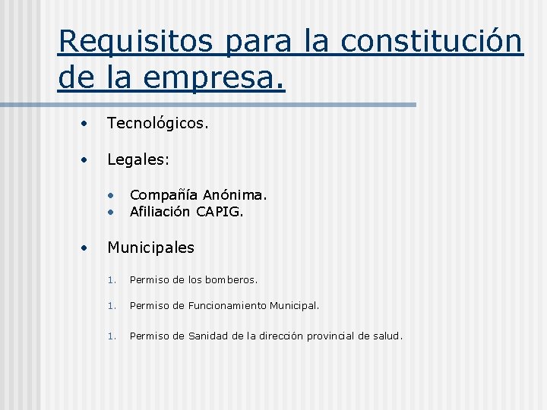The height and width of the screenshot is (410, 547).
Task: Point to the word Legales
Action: coord(138,160)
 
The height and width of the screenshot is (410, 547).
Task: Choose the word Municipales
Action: coord(151,248)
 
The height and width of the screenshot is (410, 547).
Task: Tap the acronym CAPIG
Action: coord(220,212)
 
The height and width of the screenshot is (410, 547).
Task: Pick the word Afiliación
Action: coord(160,212)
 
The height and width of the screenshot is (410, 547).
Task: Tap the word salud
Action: coord(387,336)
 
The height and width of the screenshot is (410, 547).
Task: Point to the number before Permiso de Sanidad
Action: coord(111,336)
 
